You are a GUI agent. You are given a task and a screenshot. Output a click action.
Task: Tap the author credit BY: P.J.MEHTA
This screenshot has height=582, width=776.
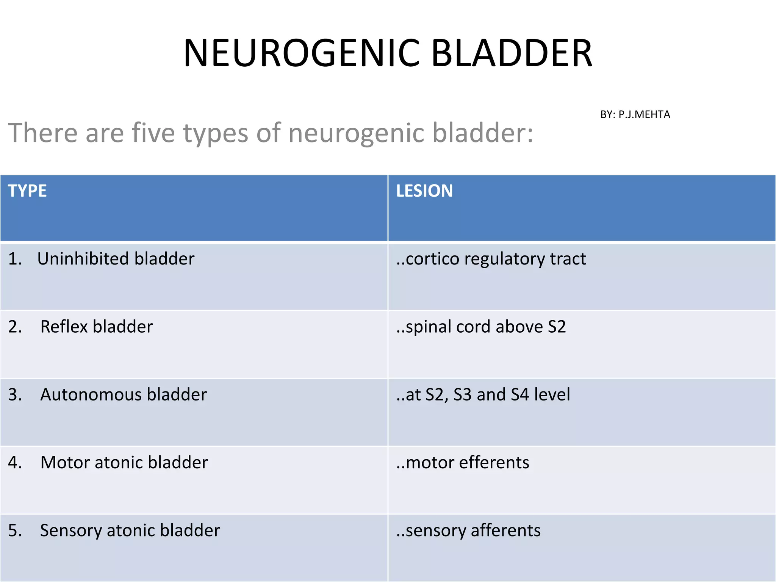pyautogui.click(x=635, y=114)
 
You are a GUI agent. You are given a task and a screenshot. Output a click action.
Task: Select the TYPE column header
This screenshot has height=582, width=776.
pyautogui.click(x=27, y=191)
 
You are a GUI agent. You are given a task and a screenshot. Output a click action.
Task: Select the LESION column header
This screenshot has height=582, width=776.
pyautogui.click(x=424, y=191)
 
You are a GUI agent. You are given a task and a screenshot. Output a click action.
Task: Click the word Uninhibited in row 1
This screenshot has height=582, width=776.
pyautogui.click(x=83, y=259)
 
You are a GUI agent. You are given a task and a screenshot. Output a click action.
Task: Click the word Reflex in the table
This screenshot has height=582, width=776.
pyautogui.click(x=64, y=327)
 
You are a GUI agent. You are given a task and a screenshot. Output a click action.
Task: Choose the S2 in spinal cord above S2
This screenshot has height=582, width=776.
pyautogui.click(x=557, y=327)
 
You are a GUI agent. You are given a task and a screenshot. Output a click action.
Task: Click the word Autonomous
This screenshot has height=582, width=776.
pyautogui.click(x=91, y=394)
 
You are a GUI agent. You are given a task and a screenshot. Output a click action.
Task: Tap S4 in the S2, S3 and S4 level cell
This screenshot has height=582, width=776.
pyautogui.click(x=519, y=394)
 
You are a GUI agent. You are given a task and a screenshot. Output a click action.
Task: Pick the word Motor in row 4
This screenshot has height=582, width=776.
pyautogui.click(x=65, y=462)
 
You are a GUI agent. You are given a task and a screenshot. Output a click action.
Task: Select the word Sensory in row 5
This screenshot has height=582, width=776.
pyautogui.click(x=71, y=530)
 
